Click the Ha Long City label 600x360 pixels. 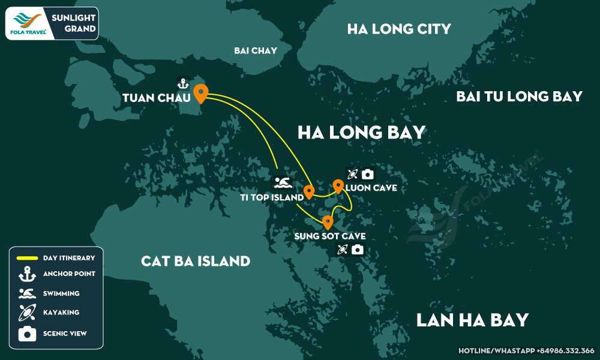pyautogui.click(x=399, y=29)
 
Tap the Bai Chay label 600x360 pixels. pyautogui.click(x=256, y=51)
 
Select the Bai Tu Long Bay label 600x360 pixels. pyautogui.click(x=519, y=97)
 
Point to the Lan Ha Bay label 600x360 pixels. pyautogui.click(x=473, y=320)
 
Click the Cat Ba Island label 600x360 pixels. pyautogui.click(x=196, y=262)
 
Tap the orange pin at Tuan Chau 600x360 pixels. pyautogui.click(x=200, y=93)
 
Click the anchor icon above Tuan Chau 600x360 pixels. pyautogui.click(x=182, y=83)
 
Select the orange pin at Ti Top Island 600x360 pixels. pyautogui.click(x=309, y=191)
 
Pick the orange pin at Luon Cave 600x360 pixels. pyautogui.click(x=338, y=186)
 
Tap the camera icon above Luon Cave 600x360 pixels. pyautogui.click(x=367, y=175)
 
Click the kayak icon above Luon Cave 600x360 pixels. pyautogui.click(x=352, y=175)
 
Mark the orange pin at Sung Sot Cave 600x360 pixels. pyautogui.click(x=328, y=222)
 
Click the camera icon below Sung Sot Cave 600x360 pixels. pyautogui.click(x=358, y=250)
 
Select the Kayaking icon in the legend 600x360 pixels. pyautogui.click(x=28, y=313)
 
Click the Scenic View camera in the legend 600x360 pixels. pyautogui.click(x=28, y=334)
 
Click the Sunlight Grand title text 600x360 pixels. pyautogui.click(x=76, y=23)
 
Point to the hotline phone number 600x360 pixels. pyautogui.click(x=526, y=350)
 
